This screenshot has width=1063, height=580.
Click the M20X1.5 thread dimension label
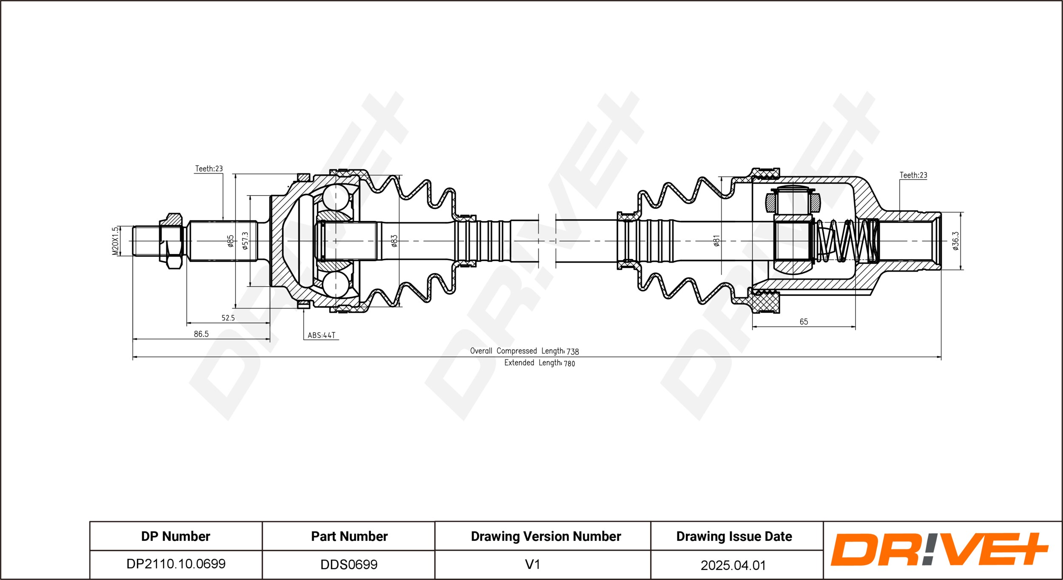[115, 241]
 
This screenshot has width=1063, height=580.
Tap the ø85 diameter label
[230, 241]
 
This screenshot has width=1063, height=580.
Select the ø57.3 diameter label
[245, 241]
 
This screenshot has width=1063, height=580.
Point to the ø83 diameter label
[394, 241]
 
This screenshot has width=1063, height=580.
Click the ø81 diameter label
[716, 241]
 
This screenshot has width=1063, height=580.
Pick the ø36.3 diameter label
[955, 241]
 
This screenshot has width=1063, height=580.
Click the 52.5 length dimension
[228, 318]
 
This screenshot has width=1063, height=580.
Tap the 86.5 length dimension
[201, 334]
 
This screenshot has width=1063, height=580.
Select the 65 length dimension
[804, 322]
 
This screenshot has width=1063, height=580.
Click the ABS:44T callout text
[321, 335]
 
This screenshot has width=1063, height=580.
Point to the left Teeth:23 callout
[209, 169]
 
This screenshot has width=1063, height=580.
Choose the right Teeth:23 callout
[913, 175]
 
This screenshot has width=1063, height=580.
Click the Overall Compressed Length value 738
[573, 351]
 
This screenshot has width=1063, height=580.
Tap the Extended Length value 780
[569, 363]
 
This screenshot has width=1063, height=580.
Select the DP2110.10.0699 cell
[176, 564]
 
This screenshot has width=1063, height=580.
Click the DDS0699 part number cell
[349, 564]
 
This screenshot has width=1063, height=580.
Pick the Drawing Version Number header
[546, 536]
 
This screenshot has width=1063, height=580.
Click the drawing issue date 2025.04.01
[733, 565]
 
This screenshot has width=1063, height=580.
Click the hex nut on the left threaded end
[171, 241]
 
